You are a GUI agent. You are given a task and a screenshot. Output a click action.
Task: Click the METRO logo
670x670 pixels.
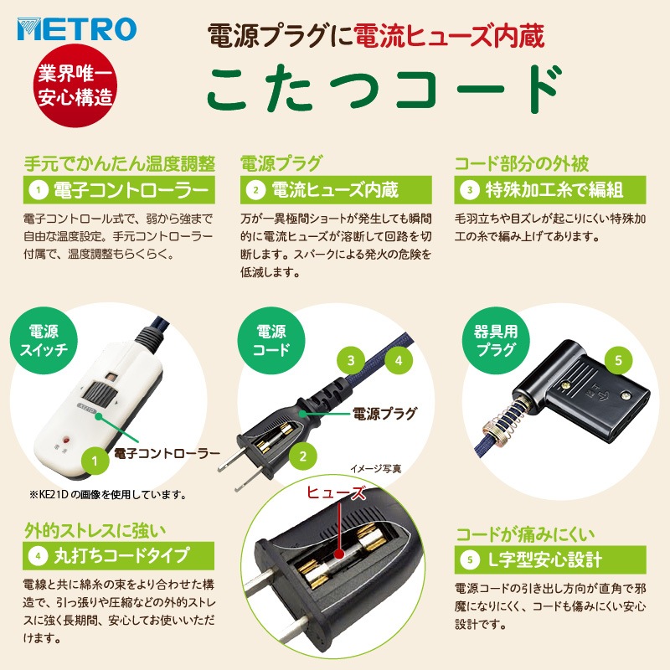tap(76, 30)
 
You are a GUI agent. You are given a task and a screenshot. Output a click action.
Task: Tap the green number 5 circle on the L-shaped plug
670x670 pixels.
tap(617, 361)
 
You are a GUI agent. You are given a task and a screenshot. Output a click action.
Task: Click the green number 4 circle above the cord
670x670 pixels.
tap(399, 362)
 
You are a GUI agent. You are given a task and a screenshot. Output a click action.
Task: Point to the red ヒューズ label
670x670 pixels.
tap(334, 495)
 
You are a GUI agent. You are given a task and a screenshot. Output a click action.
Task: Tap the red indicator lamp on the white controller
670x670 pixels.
tap(66, 438)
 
